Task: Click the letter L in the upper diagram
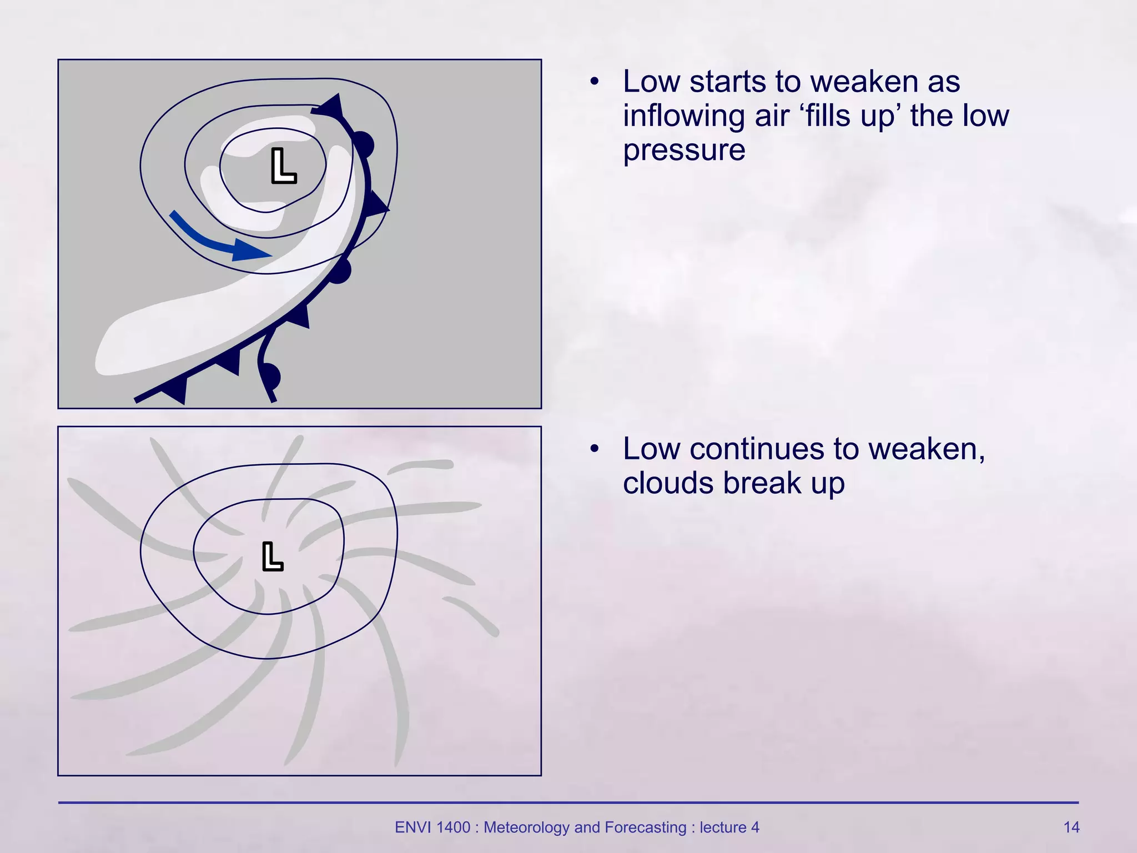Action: pos(283,166)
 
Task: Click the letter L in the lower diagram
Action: pos(272,556)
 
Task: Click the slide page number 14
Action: pos(1071,827)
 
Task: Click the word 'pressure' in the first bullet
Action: pos(684,150)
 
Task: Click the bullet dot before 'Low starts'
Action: pos(595,82)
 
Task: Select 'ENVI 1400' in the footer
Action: pos(432,827)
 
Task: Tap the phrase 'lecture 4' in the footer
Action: pos(729,827)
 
